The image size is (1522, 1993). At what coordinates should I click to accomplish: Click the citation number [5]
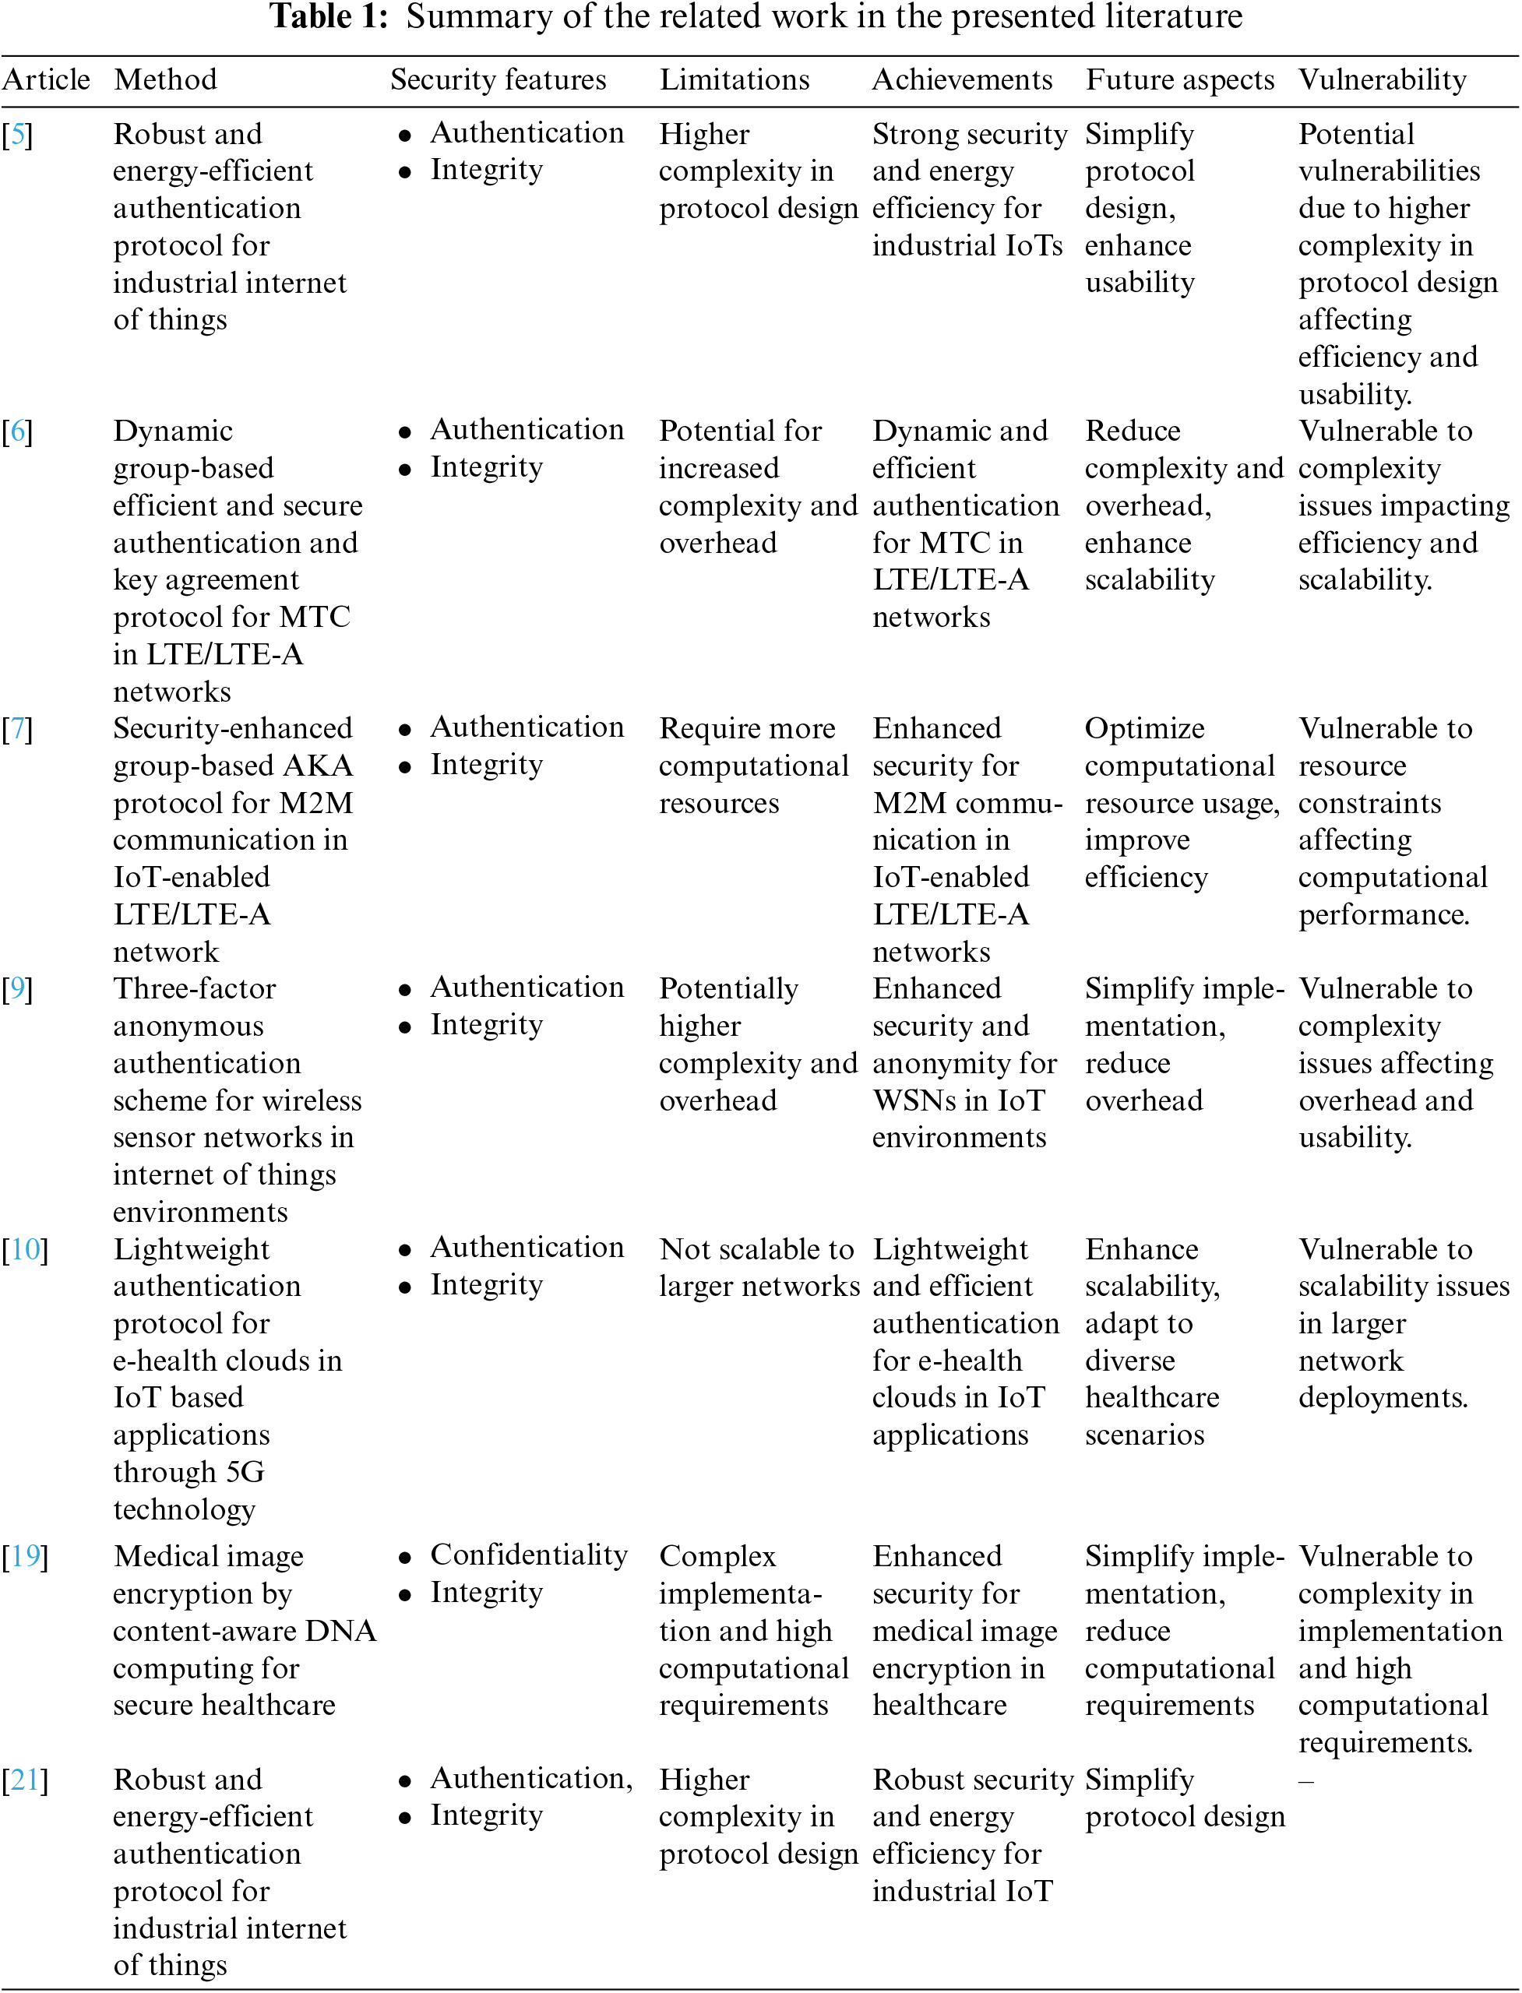click(x=17, y=135)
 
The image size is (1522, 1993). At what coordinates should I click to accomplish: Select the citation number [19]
click(x=24, y=1556)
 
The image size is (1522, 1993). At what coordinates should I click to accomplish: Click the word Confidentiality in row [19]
click(x=528, y=1555)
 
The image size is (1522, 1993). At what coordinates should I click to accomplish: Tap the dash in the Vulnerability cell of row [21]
click(x=1305, y=1780)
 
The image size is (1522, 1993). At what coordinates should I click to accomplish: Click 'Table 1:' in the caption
click(x=329, y=16)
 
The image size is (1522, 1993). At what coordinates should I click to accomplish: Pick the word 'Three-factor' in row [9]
click(x=194, y=988)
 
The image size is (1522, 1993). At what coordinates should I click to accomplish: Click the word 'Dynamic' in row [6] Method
click(x=173, y=431)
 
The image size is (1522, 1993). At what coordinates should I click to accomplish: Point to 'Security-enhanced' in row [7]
click(x=232, y=728)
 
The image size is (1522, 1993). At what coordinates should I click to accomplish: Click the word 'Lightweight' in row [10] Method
click(x=191, y=1249)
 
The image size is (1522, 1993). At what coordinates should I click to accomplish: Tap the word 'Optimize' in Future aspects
click(x=1144, y=728)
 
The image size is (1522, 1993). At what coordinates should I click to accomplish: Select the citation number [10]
click(x=24, y=1249)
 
